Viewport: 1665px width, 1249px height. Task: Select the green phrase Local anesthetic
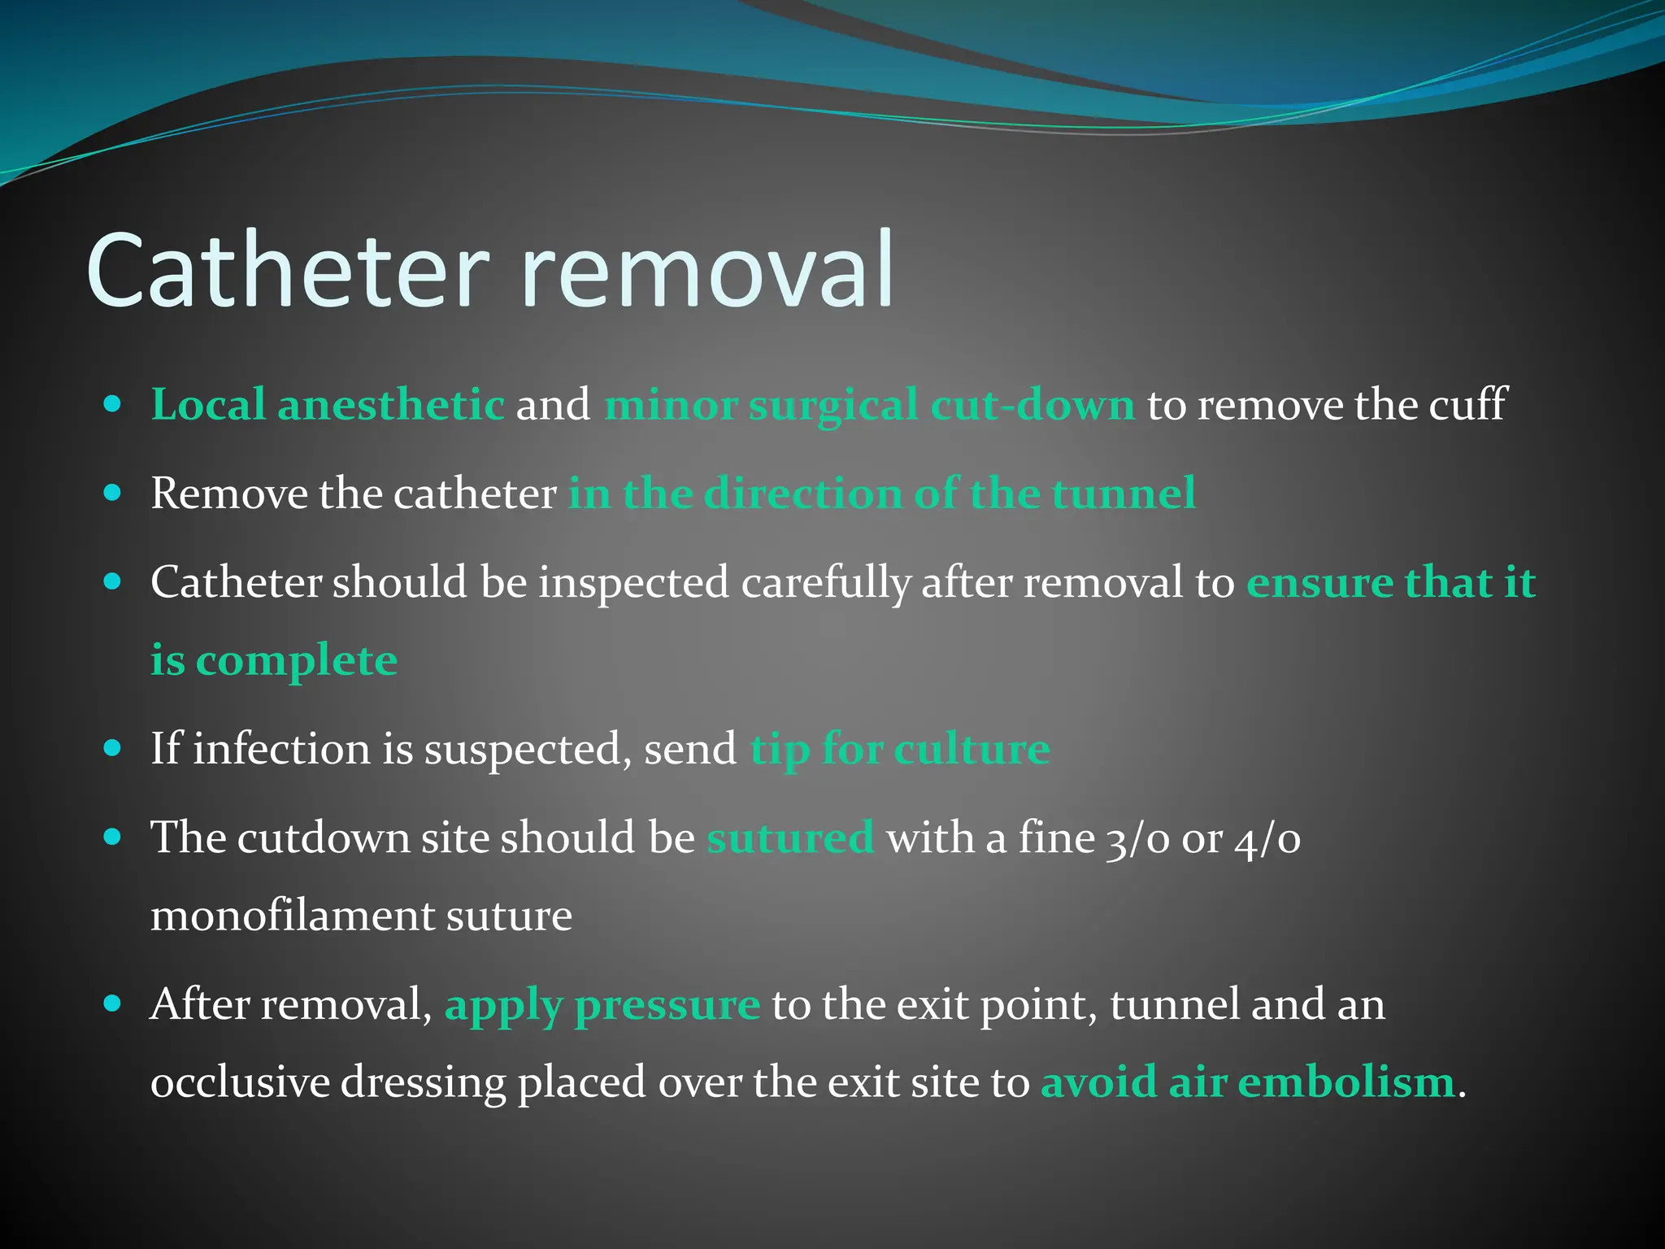328,405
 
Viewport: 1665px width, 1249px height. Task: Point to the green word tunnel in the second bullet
1124,494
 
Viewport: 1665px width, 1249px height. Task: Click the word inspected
633,583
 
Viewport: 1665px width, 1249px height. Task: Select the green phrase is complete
274,660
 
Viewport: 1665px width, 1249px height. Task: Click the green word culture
972,748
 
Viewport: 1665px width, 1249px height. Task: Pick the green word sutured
790,838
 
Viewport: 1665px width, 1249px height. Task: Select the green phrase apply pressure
602,1006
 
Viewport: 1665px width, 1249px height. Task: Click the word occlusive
240,1082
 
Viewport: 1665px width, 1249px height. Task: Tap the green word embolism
1345,1082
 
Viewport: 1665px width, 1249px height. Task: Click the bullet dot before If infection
113,748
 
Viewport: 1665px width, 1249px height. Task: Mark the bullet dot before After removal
113,1004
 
